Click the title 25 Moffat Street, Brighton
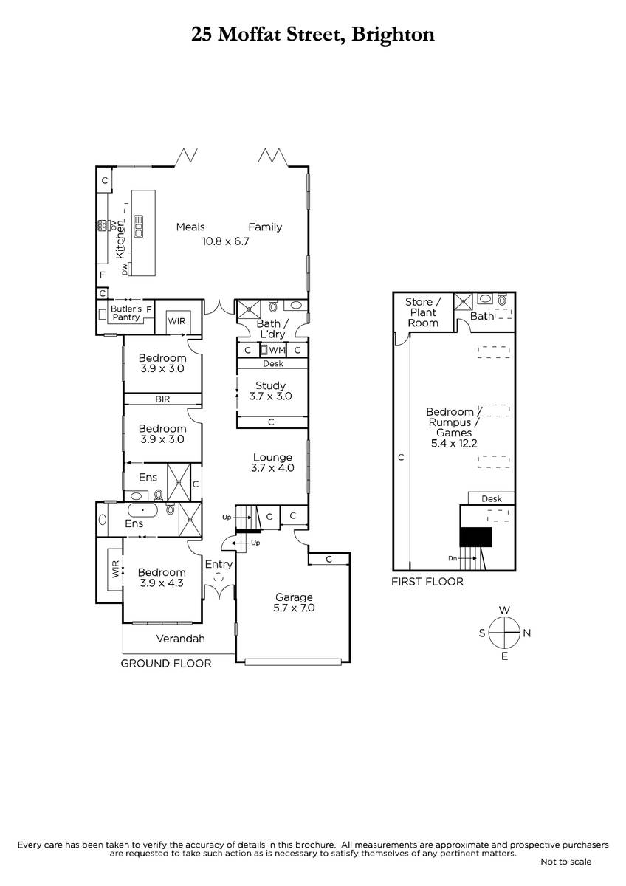point(313,35)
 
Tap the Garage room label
point(294,597)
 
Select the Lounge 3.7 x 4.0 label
point(272,462)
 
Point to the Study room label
point(270,385)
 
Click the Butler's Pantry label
point(126,313)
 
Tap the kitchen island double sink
point(138,226)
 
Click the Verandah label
point(180,639)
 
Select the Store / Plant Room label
point(423,312)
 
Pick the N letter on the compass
point(527,633)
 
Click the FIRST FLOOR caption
point(427,582)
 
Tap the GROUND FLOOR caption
point(165,663)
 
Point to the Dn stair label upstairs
point(453,558)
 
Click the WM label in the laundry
point(277,350)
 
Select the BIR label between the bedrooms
point(162,399)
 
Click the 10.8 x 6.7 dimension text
point(225,241)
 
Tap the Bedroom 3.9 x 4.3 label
point(162,577)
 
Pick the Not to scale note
point(566,862)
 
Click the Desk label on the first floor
point(492,499)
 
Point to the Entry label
point(219,565)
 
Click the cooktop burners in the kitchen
point(102,225)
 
